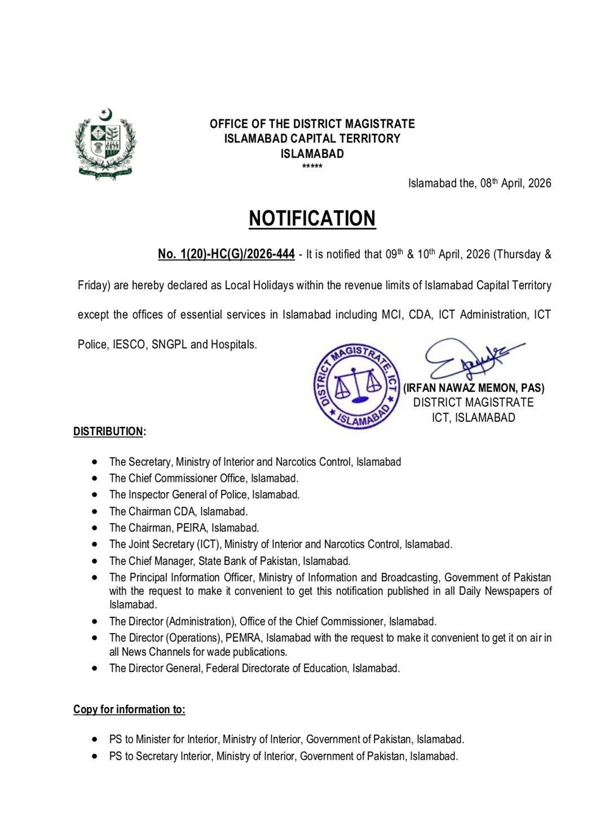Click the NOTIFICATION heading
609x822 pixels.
click(x=312, y=218)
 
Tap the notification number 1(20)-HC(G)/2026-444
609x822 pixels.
click(x=227, y=255)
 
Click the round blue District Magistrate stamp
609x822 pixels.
click(x=357, y=385)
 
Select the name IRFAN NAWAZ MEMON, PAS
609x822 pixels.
click(x=474, y=388)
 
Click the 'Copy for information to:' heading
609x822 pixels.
click(x=129, y=709)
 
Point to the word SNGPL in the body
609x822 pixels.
click(x=169, y=345)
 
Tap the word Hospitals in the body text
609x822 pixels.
click(x=233, y=345)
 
